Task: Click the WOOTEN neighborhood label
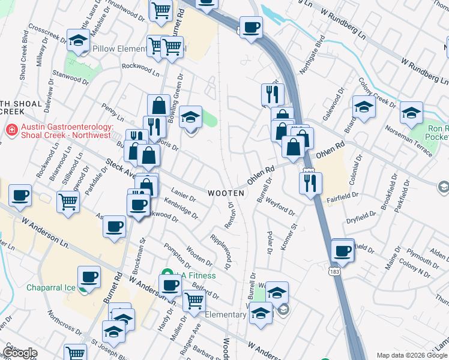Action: (x=226, y=193)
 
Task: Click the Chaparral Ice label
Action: (x=50, y=287)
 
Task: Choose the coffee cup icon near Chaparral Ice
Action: (x=89, y=277)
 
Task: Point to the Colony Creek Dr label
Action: (x=374, y=91)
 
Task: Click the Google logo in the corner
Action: (x=20, y=352)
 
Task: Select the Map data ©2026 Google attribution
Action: (x=412, y=355)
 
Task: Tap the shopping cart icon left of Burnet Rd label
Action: (x=160, y=10)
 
